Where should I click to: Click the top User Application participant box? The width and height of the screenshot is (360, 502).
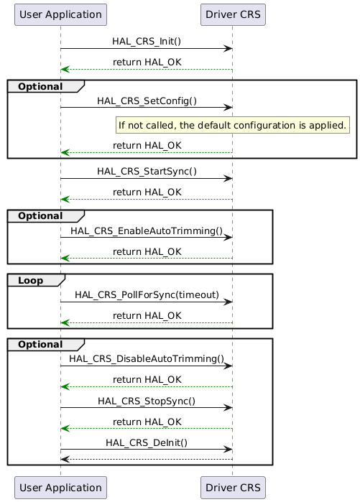point(60,14)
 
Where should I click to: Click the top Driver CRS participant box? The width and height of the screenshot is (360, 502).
point(232,14)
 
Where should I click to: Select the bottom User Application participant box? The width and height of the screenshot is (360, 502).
point(60,486)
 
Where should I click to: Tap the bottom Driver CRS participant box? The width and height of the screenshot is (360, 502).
point(232,486)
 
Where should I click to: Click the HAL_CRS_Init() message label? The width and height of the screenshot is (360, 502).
point(147,42)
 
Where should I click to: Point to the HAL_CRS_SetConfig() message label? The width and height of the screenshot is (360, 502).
point(147,101)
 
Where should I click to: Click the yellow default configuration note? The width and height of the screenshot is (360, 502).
point(232,126)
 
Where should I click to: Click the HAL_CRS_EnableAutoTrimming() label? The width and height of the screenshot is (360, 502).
point(147,231)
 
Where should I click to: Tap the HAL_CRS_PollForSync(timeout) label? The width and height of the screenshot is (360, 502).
point(147,294)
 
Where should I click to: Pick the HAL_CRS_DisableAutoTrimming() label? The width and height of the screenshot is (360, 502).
point(147,358)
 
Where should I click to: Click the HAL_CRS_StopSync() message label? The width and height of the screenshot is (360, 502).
point(147,401)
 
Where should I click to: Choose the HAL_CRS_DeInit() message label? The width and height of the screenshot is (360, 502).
point(147,443)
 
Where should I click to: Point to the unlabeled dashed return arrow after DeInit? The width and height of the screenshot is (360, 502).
point(147,459)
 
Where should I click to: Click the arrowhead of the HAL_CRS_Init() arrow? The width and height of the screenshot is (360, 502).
point(228,49)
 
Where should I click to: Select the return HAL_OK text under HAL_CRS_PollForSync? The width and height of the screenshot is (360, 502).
point(147,315)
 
